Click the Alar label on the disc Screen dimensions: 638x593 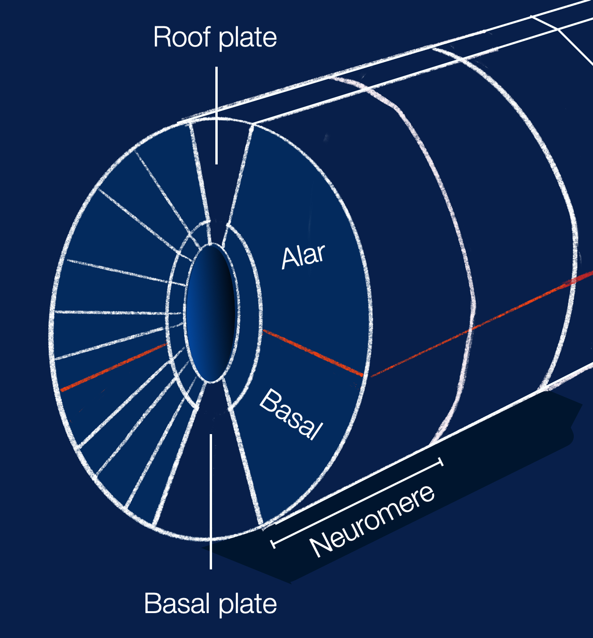pyautogui.click(x=303, y=256)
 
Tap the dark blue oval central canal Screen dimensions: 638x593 pyautogui.click(x=211, y=313)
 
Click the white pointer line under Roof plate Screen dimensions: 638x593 pyautogui.click(x=216, y=115)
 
